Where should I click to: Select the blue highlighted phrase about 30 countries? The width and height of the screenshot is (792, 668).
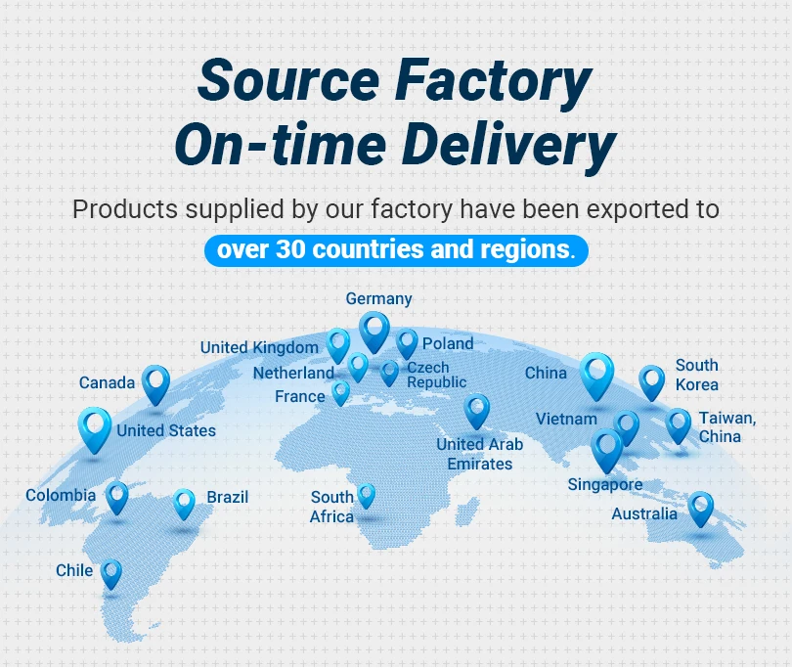point(396,248)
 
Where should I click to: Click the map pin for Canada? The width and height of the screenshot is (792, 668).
point(155,382)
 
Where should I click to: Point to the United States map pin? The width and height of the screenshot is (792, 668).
point(95,428)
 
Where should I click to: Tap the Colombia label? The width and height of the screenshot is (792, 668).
point(61,495)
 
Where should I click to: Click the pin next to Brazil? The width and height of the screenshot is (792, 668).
point(184,504)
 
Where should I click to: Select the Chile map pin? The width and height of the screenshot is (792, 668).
point(111,572)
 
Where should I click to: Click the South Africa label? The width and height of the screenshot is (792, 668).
point(332,507)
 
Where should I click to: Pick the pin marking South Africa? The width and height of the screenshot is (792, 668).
point(367,495)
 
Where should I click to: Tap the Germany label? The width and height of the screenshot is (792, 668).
point(378,298)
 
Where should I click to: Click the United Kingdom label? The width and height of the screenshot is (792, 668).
point(259,347)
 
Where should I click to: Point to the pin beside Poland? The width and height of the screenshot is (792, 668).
point(407,343)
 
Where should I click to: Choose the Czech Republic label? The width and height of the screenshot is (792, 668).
point(436,375)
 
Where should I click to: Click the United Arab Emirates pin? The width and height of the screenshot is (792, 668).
point(477,410)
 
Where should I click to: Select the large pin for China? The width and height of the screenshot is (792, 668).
point(596,375)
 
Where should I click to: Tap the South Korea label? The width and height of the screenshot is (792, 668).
point(696,375)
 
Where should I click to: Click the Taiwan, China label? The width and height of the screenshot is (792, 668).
point(726,427)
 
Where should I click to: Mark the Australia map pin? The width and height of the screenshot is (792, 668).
point(700,508)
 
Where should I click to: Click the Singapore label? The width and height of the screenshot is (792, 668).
point(605,484)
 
